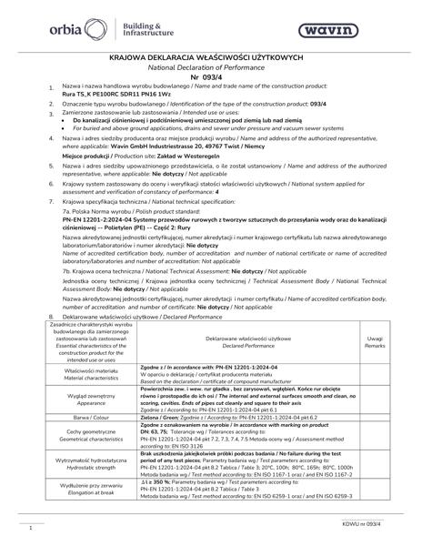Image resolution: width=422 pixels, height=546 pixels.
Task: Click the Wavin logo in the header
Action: [366, 32]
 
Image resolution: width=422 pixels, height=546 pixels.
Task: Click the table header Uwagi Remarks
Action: [374, 341]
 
